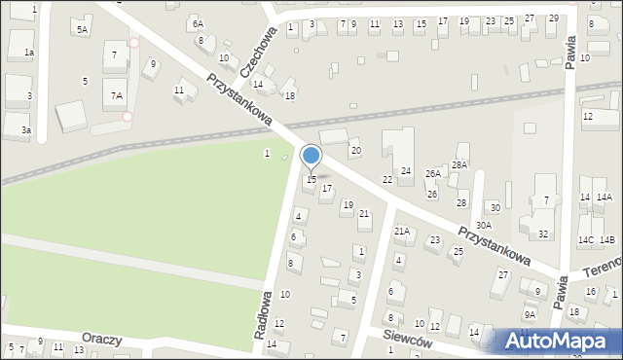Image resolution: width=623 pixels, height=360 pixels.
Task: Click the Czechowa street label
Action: click(x=258, y=45)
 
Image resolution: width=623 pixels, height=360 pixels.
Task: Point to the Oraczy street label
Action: click(x=102, y=340)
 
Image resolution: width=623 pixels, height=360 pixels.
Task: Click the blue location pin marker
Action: click(x=311, y=156)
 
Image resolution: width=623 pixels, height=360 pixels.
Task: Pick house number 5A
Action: click(x=83, y=30)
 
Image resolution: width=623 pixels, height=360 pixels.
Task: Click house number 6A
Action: click(x=198, y=22)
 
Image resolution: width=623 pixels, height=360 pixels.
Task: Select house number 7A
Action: click(x=116, y=95)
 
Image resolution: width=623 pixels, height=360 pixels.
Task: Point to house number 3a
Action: click(x=27, y=129)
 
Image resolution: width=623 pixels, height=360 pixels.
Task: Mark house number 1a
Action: click(x=29, y=52)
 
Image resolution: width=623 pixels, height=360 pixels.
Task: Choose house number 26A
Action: click(x=433, y=173)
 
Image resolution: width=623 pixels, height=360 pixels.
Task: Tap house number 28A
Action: click(x=459, y=165)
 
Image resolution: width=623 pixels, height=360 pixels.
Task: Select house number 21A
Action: click(x=401, y=232)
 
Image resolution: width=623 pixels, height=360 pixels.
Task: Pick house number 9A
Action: click(x=530, y=314)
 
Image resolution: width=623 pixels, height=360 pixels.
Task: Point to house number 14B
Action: click(x=607, y=239)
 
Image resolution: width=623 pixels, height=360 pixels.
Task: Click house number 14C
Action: click(x=585, y=239)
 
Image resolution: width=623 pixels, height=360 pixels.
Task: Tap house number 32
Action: click(x=543, y=234)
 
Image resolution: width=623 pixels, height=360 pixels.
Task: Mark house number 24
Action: click(x=406, y=171)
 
